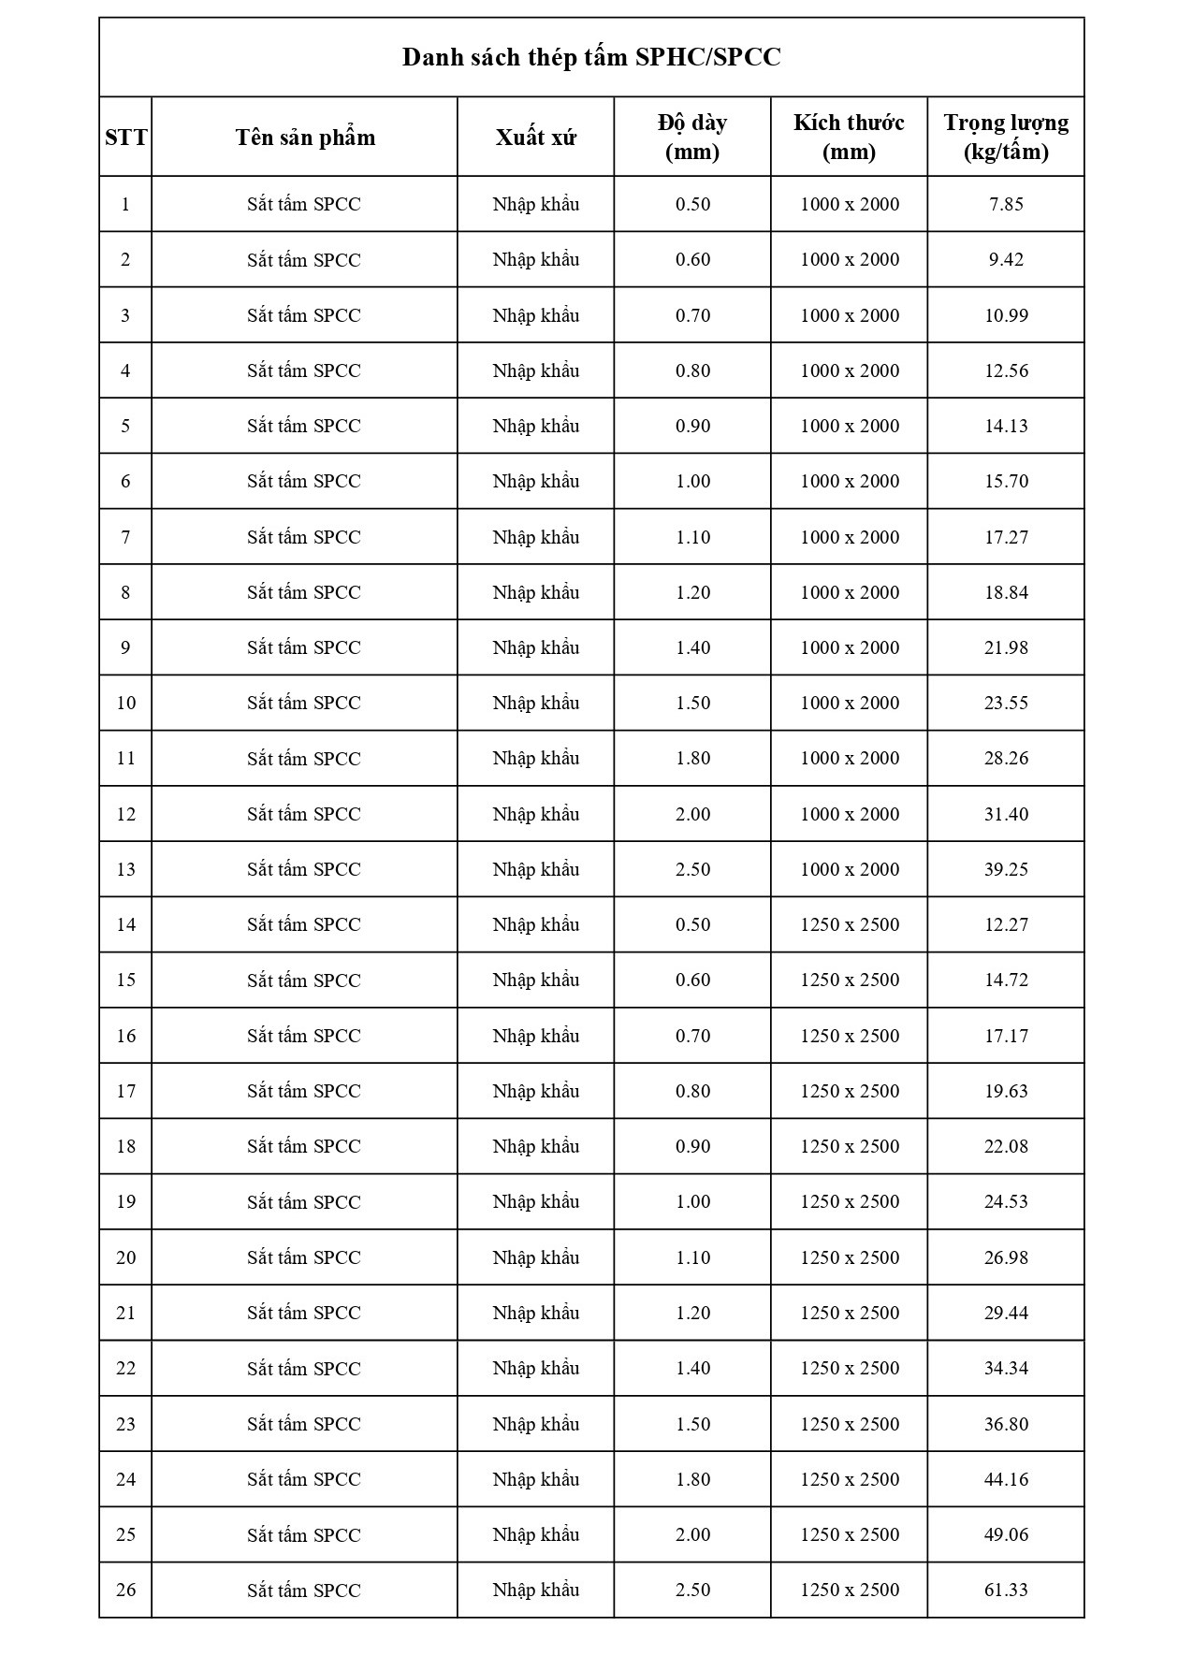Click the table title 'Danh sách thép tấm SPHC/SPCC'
pos(591,58)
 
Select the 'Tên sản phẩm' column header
pos(305,138)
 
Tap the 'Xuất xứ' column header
pos(535,138)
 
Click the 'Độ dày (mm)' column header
pos(692,137)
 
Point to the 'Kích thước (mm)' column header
pos(849,137)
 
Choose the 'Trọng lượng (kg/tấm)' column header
pos(1006,137)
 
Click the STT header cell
pos(125,138)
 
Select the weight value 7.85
pos(1006,204)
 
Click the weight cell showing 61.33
pos(1006,1590)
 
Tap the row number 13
pos(125,869)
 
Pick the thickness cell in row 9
pos(692,647)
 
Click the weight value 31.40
pos(1006,814)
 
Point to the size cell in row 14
pos(849,924)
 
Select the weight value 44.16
pos(1006,1479)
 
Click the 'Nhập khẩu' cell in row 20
pos(535,1257)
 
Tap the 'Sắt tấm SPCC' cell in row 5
pos(304,426)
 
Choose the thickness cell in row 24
pos(692,1479)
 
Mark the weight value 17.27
pos(1006,537)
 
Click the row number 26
pos(125,1590)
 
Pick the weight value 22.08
pos(1006,1146)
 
